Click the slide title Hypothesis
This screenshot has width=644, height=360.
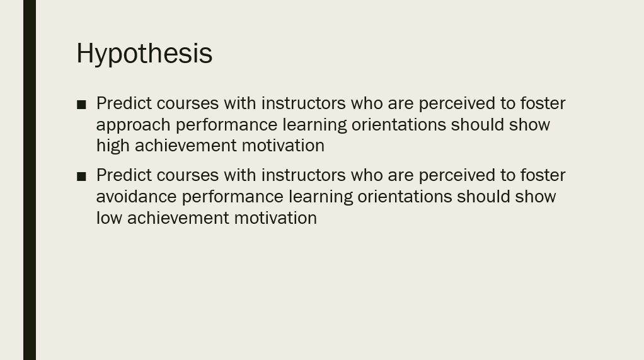coord(144,54)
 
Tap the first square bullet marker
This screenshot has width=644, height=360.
coord(81,105)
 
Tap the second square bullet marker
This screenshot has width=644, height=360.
coord(81,177)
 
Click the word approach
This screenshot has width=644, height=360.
coord(133,125)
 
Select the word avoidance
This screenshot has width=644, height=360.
coord(136,197)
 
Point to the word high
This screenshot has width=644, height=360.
coord(113,146)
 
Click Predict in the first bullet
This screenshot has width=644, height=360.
coord(124,103)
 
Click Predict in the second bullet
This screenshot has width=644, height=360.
coord(124,175)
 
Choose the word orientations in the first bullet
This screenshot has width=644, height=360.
coord(398,125)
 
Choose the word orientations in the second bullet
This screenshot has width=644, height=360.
coord(405,197)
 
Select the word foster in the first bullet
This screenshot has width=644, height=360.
coord(543,103)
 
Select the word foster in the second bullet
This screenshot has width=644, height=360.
coord(543,175)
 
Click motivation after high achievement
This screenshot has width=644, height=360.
coord(283,146)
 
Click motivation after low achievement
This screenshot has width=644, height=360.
coord(275,218)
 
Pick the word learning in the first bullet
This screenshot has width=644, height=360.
coord(314,125)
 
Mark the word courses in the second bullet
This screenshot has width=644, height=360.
coord(187,176)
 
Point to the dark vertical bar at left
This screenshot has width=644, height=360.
coord(30,180)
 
